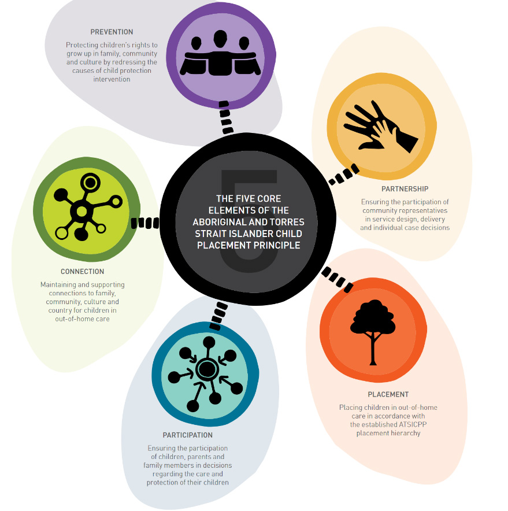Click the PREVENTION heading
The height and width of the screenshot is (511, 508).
pyautogui.click(x=112, y=32)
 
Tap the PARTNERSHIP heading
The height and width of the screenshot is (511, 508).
pyautogui.click(x=405, y=188)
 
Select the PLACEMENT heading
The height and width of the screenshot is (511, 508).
pyautogui.click(x=388, y=394)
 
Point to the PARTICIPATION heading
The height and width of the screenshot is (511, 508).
pyautogui.click(x=188, y=435)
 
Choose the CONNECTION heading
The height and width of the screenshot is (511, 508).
pyautogui.click(x=83, y=272)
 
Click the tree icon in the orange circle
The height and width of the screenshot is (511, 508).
pyautogui.click(x=373, y=332)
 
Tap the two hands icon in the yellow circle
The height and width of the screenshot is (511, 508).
pyautogui.click(x=380, y=127)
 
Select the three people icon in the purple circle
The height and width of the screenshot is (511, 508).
pyautogui.click(x=220, y=53)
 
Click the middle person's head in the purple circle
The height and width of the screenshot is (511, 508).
pyautogui.click(x=220, y=39)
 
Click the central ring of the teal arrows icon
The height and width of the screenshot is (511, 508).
pyautogui.click(x=206, y=369)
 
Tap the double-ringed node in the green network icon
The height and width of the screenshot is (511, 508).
pyautogui.click(x=90, y=183)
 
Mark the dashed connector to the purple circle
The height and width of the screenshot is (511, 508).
pyautogui.click(x=226, y=118)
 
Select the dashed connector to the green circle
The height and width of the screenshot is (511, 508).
pyautogui.click(x=145, y=223)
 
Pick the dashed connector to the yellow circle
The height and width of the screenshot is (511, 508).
pyautogui.click(x=344, y=175)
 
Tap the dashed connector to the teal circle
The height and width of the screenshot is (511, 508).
pyautogui.click(x=218, y=316)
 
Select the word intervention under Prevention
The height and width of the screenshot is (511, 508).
pyautogui.click(x=112, y=79)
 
